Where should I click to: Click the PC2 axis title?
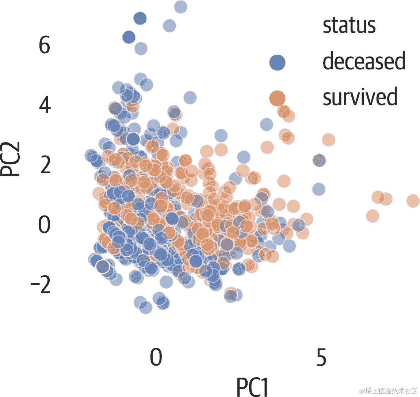tap(11, 159)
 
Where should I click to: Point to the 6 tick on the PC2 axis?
tap(44, 46)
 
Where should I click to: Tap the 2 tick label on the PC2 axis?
tap(45, 165)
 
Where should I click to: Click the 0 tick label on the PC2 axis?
tap(45, 225)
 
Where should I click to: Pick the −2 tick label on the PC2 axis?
tap(40, 285)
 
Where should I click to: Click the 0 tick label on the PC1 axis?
tap(156, 358)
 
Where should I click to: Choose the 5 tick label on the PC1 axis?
tap(321, 358)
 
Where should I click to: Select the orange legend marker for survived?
tap(277, 98)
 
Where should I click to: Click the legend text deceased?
tap(364, 61)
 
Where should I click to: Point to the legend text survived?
tap(360, 97)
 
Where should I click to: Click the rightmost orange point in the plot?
tap(413, 201)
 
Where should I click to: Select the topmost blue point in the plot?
tap(180, 7)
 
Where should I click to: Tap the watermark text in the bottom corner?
tap(388, 390)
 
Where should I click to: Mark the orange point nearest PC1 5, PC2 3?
tap(329, 140)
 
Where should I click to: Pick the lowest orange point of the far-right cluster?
tap(373, 215)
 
